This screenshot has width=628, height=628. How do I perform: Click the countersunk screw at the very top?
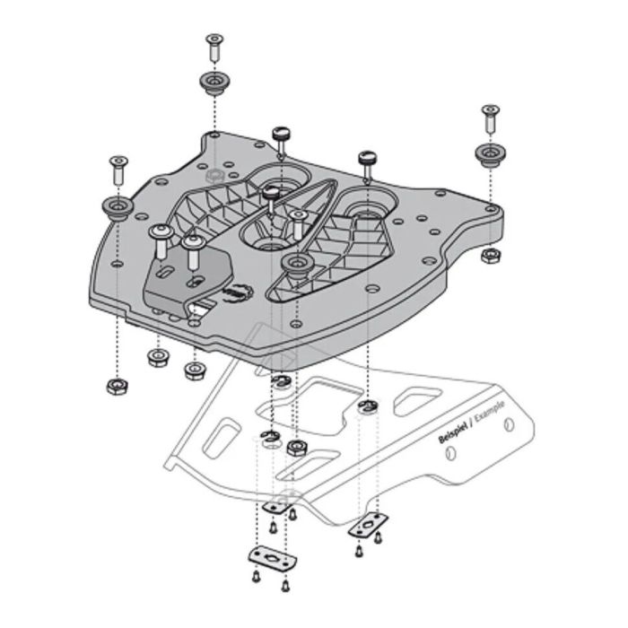click(214, 41)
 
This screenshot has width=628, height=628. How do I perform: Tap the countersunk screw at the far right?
click(490, 114)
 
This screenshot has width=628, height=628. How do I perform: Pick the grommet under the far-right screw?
click(490, 153)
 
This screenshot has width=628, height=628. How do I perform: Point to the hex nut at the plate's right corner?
click(490, 256)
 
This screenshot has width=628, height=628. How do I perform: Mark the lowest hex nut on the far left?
click(116, 387)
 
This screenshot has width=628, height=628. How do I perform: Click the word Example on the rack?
click(490, 414)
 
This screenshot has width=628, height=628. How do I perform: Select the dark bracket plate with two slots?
click(186, 279)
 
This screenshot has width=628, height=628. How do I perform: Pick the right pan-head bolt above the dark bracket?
click(190, 249)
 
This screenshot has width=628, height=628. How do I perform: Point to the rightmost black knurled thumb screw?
click(367, 161)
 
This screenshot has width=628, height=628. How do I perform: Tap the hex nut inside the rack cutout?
click(297, 446)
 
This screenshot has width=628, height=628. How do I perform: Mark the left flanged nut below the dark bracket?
click(158, 358)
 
